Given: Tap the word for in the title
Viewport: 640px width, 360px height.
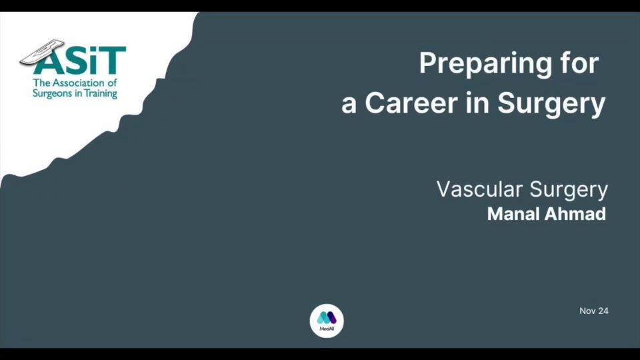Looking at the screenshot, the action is [579, 63].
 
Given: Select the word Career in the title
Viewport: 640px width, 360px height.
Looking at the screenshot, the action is [411, 102].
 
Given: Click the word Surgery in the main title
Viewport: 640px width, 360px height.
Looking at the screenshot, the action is [551, 104].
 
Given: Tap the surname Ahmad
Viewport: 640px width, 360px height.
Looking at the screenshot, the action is [572, 214].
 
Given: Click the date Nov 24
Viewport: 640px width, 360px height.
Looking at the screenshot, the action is [594, 311].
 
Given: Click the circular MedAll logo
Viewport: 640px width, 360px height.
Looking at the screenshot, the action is [327, 321].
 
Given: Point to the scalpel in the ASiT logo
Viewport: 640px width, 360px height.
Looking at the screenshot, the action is [42, 52].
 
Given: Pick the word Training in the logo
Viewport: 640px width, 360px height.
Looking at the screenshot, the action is [101, 94].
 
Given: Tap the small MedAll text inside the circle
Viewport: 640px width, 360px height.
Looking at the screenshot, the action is [327, 329].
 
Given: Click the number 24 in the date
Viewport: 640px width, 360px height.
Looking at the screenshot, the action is [603, 311].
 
